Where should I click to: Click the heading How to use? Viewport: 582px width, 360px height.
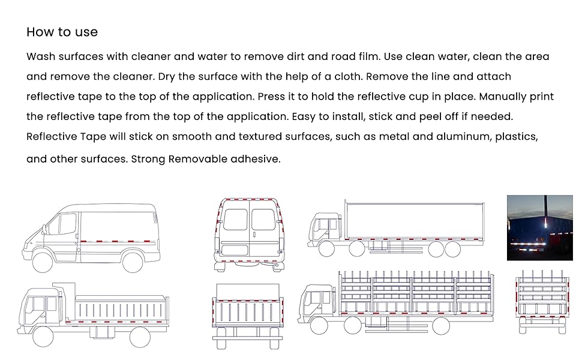tap(62, 32)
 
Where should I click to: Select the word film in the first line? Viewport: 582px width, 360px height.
tap(368, 57)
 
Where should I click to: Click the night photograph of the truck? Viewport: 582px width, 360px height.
tap(539, 227)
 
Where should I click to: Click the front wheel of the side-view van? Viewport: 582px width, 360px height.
tap(43, 262)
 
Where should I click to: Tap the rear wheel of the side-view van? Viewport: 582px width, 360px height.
tap(132, 262)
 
